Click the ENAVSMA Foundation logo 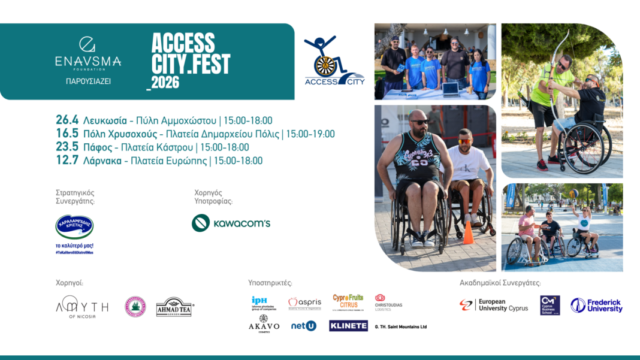click(x=88, y=54)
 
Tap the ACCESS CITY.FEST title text click(x=191, y=60)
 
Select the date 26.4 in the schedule click(x=67, y=120)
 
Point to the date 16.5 click(x=67, y=134)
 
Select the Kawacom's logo click(x=231, y=223)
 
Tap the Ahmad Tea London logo click(x=174, y=307)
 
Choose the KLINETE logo click(x=348, y=326)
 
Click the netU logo click(x=303, y=326)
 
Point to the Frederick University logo click(x=596, y=305)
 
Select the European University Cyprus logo click(x=494, y=305)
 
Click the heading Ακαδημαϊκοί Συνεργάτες click(x=500, y=282)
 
